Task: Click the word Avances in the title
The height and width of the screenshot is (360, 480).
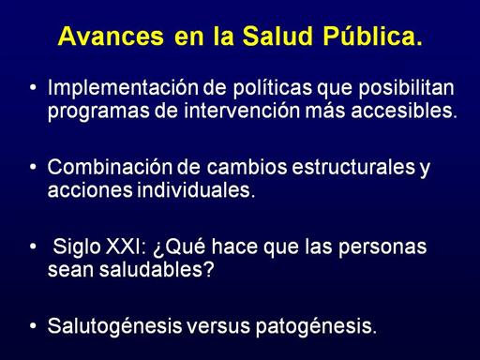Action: [x=111, y=37]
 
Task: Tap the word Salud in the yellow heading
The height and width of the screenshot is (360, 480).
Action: [x=277, y=36]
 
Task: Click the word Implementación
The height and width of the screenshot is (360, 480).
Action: [x=123, y=88]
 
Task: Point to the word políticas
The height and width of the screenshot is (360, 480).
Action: [x=273, y=88]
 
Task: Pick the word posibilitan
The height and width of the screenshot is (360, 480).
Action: [x=406, y=88]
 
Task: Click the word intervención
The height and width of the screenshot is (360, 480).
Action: [x=242, y=110]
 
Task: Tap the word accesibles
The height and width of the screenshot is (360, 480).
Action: [x=404, y=110]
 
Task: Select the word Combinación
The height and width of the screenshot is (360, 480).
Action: [x=110, y=167]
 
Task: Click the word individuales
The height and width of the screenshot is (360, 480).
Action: [x=196, y=189]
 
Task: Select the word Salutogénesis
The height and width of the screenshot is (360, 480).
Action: [x=114, y=326]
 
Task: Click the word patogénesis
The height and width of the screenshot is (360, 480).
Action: [x=316, y=327]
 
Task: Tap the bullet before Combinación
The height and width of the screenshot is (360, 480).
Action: [x=33, y=167]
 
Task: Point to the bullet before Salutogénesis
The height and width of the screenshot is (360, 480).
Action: [x=33, y=326]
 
